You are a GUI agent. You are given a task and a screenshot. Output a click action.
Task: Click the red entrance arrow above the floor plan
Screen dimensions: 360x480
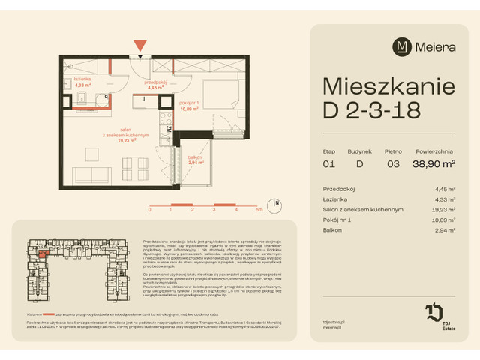click(139, 47)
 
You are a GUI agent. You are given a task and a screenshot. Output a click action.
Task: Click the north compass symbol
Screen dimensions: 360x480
click(277, 202)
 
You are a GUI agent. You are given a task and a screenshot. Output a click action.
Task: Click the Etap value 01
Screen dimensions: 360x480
click(328, 163)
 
